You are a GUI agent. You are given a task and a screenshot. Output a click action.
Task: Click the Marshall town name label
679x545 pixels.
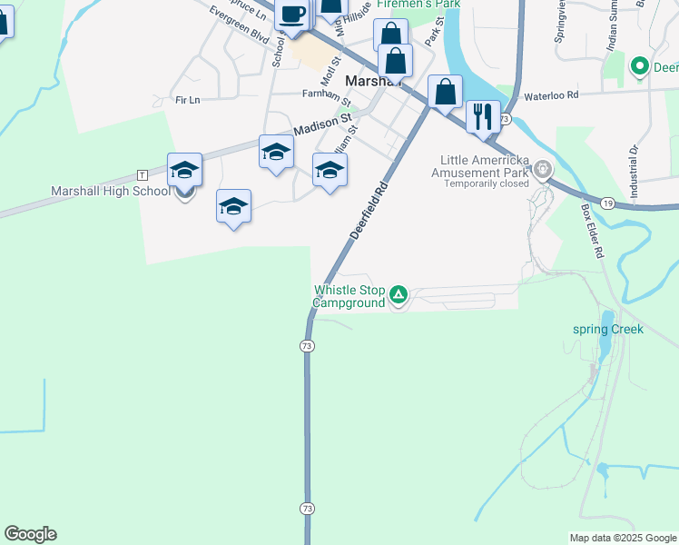pos(371,81)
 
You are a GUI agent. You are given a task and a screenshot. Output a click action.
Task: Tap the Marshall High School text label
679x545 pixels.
pos(110,192)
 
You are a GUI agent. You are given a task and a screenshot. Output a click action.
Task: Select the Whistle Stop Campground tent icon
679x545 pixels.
pos(398,294)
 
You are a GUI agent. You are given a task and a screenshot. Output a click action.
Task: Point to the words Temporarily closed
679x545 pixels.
pos(486,183)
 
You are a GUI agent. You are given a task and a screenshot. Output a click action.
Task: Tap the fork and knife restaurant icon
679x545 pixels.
pos(483,115)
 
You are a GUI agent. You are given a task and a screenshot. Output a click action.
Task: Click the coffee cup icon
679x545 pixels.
pos(292,15)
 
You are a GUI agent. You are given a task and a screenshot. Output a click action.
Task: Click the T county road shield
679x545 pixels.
pos(142,173)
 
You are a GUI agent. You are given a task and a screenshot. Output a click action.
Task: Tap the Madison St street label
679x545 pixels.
pos(322,124)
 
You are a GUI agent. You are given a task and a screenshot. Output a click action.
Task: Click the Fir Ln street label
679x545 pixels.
pos(187,99)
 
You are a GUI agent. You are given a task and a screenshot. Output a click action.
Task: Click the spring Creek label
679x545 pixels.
pos(608,329)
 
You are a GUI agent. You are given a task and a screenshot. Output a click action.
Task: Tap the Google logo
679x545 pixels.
pos(30,534)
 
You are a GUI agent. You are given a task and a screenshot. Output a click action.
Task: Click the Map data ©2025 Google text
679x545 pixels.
pos(624,538)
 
